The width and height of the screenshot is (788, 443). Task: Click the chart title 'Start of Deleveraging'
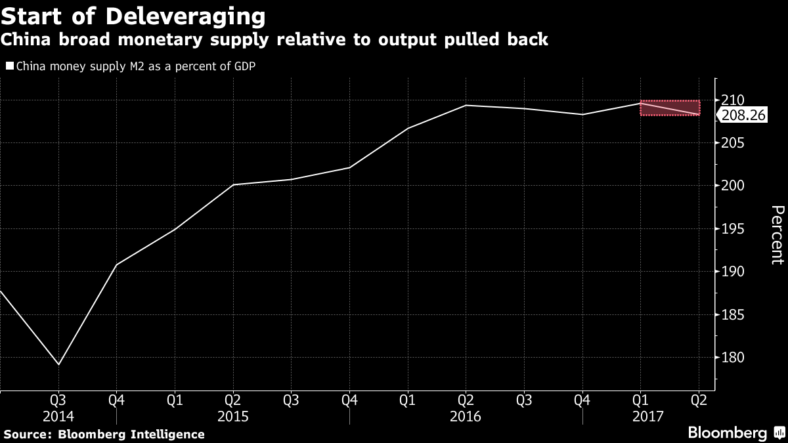(x=133, y=16)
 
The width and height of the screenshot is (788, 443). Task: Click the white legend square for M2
(x=9, y=66)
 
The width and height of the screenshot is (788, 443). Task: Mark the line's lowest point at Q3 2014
(x=58, y=365)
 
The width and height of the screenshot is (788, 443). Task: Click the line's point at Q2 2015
(x=233, y=184)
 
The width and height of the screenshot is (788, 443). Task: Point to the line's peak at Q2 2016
(x=466, y=105)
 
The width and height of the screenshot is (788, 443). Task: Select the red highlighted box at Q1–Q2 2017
(x=669, y=108)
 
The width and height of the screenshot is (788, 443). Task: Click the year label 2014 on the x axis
(x=58, y=416)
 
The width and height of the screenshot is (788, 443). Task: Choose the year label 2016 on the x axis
(x=466, y=416)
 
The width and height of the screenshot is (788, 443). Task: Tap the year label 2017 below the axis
(x=647, y=416)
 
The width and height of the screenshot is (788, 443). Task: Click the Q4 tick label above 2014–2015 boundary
(x=116, y=400)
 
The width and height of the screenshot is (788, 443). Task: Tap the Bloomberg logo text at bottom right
(x=727, y=433)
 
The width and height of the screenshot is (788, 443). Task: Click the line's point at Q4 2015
(x=349, y=167)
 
